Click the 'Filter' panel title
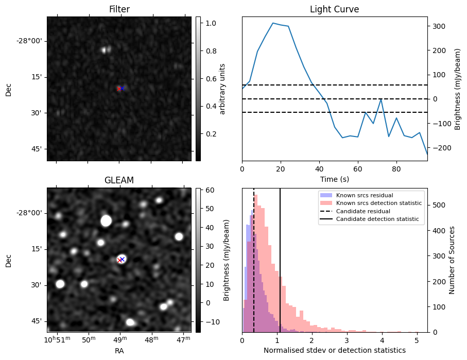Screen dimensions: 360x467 click(119, 9)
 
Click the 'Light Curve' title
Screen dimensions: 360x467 click(334, 9)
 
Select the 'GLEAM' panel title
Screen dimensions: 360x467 click(119, 180)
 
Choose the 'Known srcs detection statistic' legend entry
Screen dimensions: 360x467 click(378, 203)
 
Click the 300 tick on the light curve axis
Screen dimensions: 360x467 click(438, 26)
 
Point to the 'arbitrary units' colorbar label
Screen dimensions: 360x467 click(222, 89)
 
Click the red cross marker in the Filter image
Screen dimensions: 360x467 click(119, 89)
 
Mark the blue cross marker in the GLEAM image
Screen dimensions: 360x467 click(123, 259)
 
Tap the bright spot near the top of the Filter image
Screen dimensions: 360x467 click(106, 50)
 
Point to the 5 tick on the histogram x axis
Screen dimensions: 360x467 click(416, 340)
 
